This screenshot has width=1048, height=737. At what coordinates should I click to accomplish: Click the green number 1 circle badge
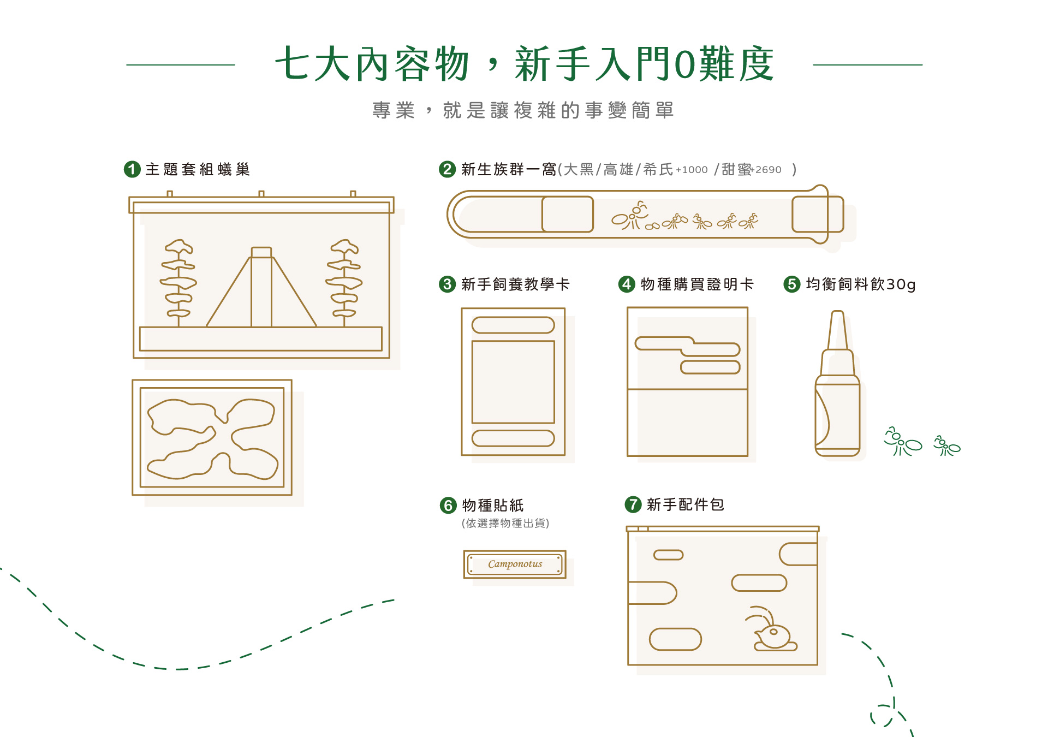[132, 169]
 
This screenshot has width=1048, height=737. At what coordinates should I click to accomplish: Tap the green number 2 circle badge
[447, 169]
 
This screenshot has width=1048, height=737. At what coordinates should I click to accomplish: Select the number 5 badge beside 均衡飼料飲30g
[791, 284]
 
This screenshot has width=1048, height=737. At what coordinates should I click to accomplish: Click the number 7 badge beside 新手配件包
[633, 504]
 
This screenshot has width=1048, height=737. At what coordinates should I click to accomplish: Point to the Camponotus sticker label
[515, 564]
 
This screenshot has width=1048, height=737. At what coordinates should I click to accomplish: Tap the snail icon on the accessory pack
[772, 633]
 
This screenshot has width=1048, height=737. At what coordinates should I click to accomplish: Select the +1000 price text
[692, 170]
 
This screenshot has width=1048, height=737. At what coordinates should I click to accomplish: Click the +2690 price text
[766, 170]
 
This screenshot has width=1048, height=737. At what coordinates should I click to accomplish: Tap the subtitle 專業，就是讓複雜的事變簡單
[523, 110]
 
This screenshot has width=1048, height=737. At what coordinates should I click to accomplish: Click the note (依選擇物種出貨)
[505, 523]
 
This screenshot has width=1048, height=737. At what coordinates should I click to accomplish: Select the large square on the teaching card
[513, 382]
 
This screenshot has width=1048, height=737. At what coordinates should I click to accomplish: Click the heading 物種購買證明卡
[696, 284]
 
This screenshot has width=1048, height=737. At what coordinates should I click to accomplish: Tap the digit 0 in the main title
[684, 64]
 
